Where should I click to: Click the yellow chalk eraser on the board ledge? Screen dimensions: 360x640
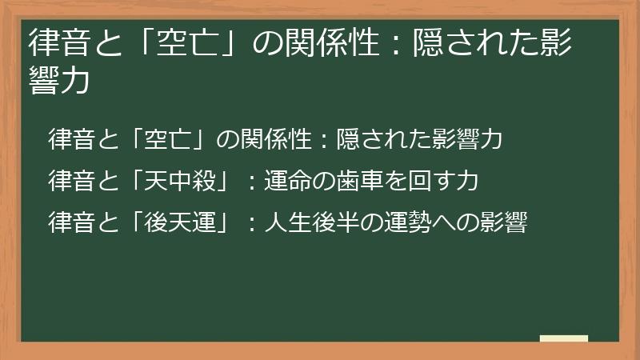click(563, 338)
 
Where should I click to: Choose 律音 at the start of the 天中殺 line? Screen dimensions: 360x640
click(72, 182)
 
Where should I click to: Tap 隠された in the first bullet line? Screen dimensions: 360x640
click(383, 140)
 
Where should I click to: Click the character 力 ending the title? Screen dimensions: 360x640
click(73, 80)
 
